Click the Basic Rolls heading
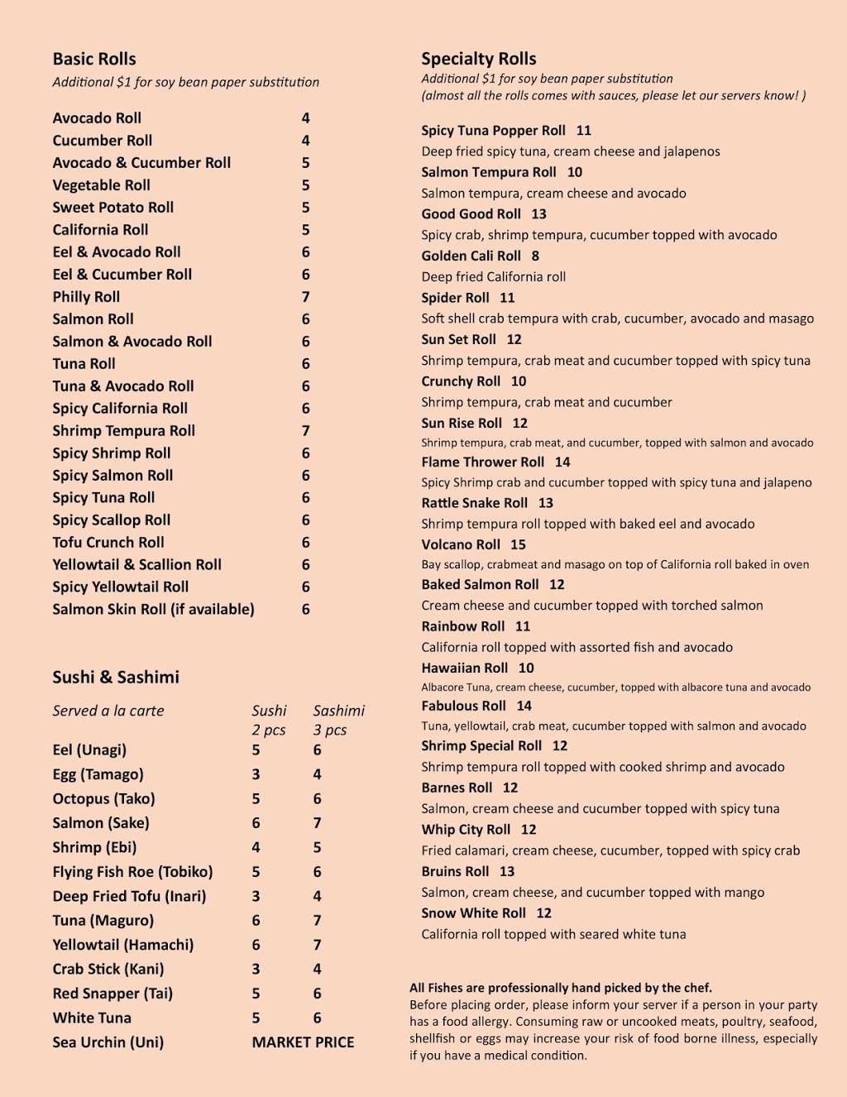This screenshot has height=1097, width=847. click(x=94, y=59)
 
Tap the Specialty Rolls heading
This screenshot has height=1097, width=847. click(x=479, y=59)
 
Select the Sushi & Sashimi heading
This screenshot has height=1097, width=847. click(x=116, y=677)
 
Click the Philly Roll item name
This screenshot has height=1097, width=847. click(x=86, y=296)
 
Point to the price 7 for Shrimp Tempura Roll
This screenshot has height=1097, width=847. click(x=305, y=430)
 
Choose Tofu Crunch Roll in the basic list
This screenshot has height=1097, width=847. click(x=108, y=542)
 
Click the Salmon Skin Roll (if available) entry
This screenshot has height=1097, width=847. click(x=153, y=609)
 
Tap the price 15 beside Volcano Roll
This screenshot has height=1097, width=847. click(x=518, y=544)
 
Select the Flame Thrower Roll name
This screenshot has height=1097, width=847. click(x=483, y=462)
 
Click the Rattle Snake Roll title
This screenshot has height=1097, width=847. click(x=475, y=502)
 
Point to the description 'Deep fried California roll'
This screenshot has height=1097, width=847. click(x=494, y=276)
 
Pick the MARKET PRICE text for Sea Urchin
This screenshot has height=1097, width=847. click(x=303, y=1042)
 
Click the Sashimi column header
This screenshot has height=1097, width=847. click(x=338, y=710)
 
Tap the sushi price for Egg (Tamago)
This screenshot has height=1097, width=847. click(x=256, y=774)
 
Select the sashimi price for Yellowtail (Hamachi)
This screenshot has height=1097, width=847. click(x=317, y=945)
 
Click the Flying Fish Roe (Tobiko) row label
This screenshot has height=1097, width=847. click(x=132, y=871)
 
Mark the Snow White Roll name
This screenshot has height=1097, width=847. click(x=473, y=913)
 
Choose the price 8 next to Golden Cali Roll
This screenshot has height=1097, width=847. click(x=535, y=256)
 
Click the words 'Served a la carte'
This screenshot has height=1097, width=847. click(x=108, y=710)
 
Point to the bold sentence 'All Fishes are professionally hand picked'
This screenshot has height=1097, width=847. click(x=561, y=987)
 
